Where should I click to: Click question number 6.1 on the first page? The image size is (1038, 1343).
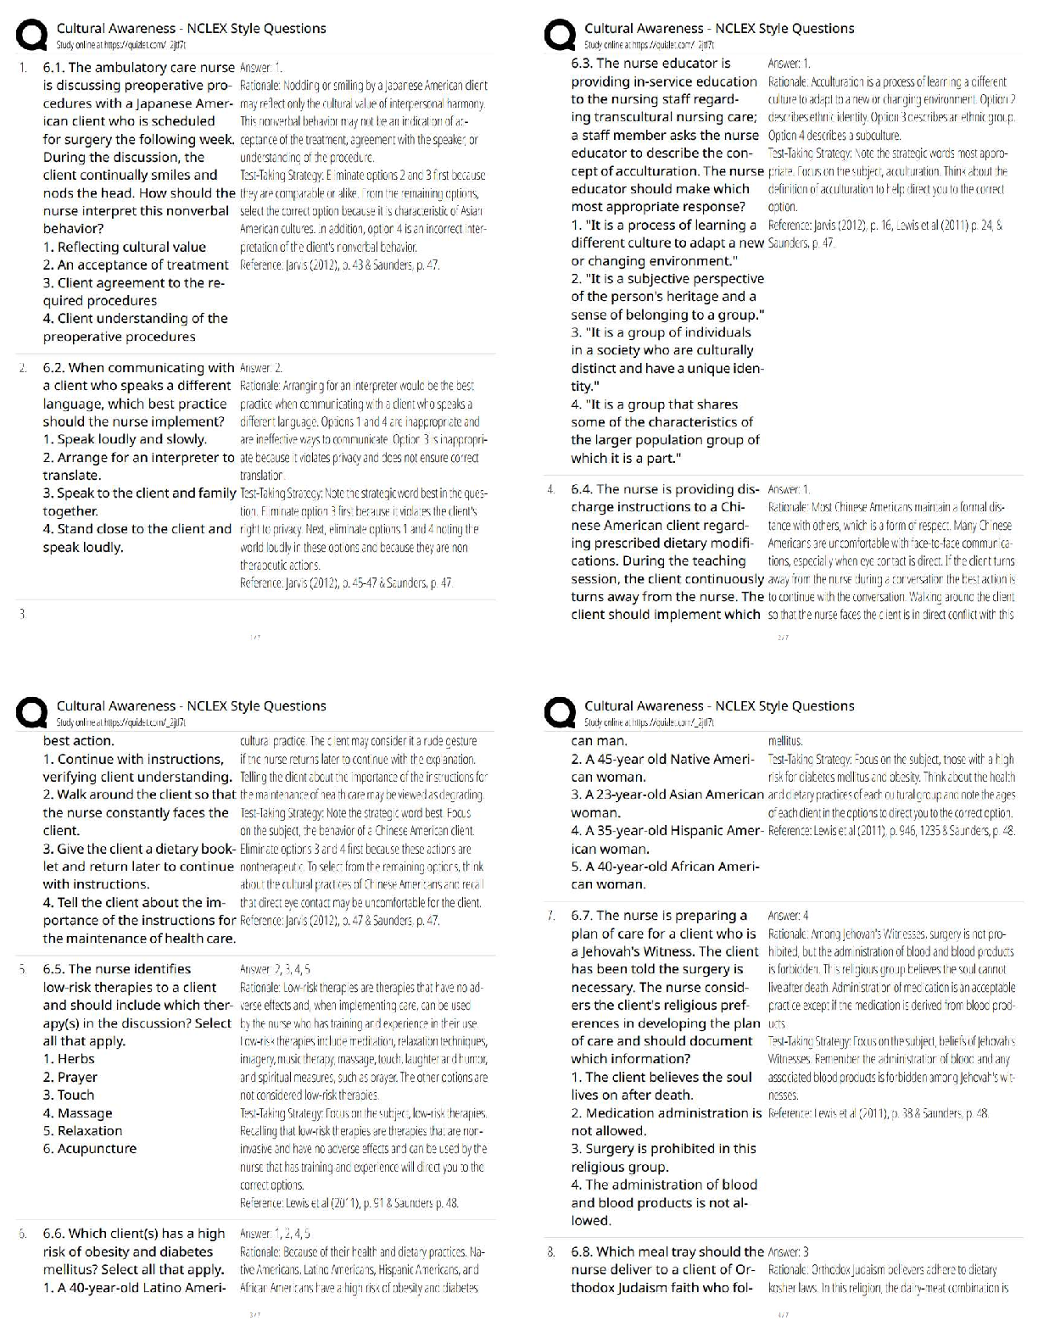[x=55, y=68]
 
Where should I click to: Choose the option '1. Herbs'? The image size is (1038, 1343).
[x=69, y=1059]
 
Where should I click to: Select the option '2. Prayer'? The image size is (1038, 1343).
[x=70, y=1078]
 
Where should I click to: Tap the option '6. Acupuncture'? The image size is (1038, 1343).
[x=90, y=1149]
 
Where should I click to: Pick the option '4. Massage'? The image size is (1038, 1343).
[x=77, y=1113]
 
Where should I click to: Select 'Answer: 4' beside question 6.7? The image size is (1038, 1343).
[x=788, y=916]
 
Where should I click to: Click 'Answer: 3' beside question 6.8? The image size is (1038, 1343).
[x=788, y=1252]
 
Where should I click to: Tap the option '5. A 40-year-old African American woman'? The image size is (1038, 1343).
[x=665, y=875]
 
